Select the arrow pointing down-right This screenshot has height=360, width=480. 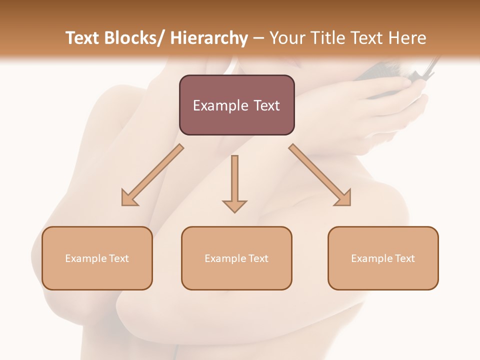coord(320,175)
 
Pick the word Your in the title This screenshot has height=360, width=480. coord(287,38)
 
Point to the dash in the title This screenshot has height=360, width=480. coord(258,38)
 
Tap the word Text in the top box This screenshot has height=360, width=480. coord(265,105)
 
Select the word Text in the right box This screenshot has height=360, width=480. coord(404,258)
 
